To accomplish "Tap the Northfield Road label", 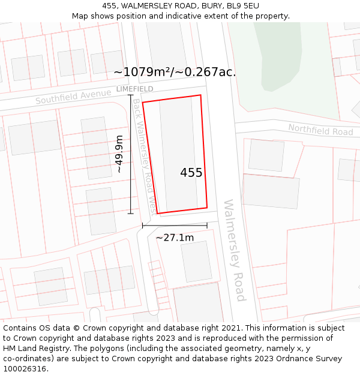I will [x=320, y=129].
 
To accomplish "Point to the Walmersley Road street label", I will [x=234, y=250].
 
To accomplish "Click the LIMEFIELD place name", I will [x=134, y=89].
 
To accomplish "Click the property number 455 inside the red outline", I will [x=191, y=173].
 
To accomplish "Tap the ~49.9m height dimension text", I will [x=119, y=154].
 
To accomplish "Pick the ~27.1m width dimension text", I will [x=175, y=238].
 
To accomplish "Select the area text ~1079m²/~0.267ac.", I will [x=175, y=73].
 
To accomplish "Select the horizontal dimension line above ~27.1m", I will [x=175, y=226].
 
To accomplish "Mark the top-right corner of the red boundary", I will [x=200, y=95].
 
